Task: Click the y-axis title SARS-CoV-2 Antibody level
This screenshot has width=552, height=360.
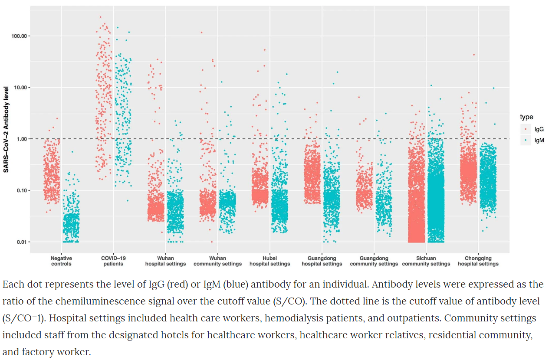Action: coord(6,130)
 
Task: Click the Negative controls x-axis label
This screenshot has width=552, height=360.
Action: coord(61,261)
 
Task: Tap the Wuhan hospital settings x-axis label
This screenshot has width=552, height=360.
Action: coord(165,261)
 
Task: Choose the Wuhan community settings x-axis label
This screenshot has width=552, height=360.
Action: coord(217,261)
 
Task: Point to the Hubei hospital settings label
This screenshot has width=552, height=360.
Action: coord(269,261)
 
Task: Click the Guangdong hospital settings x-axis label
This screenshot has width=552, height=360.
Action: coord(322,261)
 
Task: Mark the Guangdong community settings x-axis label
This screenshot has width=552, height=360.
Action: coord(374,261)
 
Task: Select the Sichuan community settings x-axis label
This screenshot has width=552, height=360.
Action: coord(426,261)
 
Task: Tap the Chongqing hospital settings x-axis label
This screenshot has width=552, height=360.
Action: coord(478,261)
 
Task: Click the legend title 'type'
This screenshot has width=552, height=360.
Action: coord(527,117)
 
